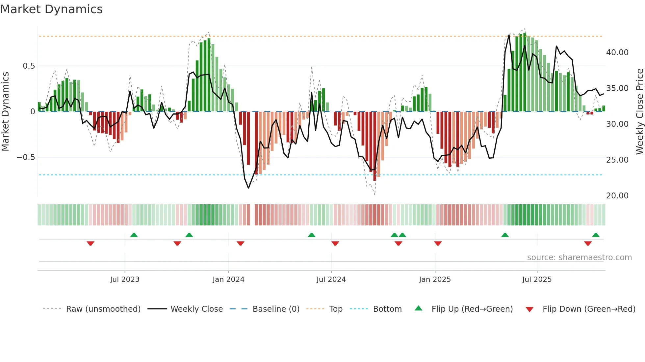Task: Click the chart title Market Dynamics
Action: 52,9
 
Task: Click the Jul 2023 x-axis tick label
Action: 125,280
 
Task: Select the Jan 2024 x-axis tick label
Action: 228,280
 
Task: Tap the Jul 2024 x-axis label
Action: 331,280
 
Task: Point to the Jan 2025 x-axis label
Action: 435,280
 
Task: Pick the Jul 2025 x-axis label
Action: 537,280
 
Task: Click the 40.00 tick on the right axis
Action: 617,53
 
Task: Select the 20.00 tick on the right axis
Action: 617,196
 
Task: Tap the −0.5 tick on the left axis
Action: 26,157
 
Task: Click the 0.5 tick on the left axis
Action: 29,66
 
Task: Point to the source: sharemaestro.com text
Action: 579,258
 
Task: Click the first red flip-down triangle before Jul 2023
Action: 90,243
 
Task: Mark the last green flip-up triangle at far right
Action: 596,235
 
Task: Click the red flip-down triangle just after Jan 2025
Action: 438,243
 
